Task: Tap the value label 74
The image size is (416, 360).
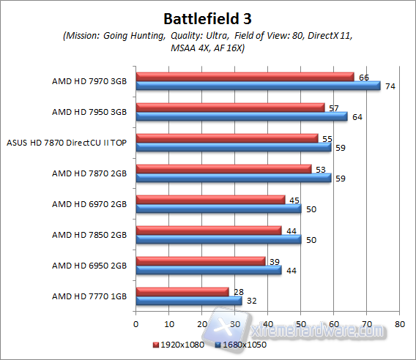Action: click(x=390, y=86)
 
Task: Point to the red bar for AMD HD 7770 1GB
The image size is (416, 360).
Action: click(x=182, y=292)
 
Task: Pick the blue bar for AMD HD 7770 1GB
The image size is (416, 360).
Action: click(x=189, y=301)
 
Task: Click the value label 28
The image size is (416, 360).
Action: click(x=238, y=291)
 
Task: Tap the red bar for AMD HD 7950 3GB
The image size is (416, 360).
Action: click(x=230, y=108)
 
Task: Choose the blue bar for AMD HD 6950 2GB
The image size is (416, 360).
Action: click(x=209, y=270)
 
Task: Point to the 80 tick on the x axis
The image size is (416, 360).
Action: click(x=399, y=323)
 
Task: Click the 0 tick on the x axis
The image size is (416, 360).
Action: click(x=136, y=323)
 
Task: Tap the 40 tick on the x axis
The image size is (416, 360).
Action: click(x=267, y=323)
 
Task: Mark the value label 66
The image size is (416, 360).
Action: click(x=363, y=76)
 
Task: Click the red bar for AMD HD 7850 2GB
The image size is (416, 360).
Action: click(x=209, y=230)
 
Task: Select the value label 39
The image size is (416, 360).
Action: click(x=274, y=260)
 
